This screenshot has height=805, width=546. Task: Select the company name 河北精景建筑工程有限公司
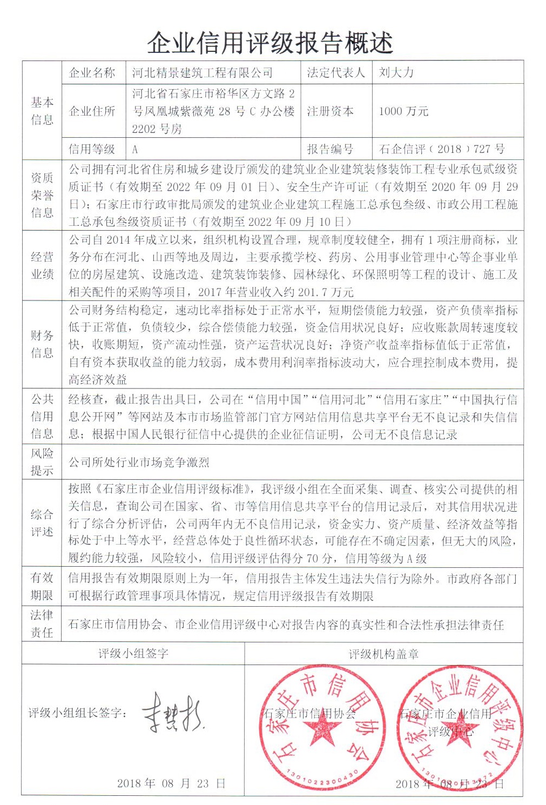(x=203, y=72)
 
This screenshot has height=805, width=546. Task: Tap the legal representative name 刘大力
(x=396, y=72)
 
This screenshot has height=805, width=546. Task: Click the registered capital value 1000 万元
(x=403, y=111)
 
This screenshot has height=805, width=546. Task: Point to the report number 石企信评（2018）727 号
(x=442, y=149)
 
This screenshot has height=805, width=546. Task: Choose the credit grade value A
(x=135, y=149)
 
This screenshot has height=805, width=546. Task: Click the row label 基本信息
(x=42, y=111)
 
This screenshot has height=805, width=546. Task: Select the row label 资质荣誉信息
(x=42, y=195)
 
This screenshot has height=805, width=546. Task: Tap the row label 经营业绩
(x=42, y=265)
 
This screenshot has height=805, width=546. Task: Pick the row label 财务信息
(x=42, y=344)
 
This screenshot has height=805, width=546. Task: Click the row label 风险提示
(x=42, y=462)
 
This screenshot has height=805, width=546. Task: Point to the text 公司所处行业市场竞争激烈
(x=139, y=462)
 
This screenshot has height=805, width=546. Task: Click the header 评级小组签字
(x=133, y=654)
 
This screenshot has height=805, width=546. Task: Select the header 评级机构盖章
(x=383, y=654)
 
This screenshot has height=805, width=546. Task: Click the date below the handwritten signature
(x=171, y=783)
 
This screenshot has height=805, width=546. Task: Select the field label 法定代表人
(x=336, y=72)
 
